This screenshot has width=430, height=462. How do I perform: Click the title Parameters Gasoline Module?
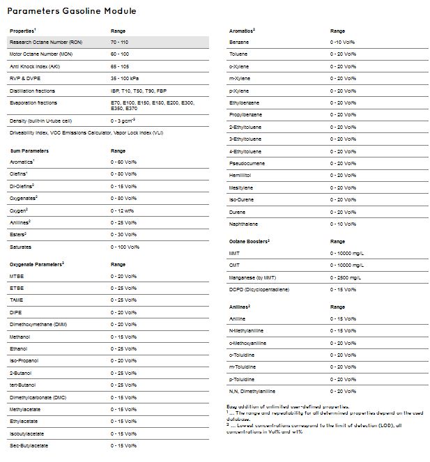tap(72, 11)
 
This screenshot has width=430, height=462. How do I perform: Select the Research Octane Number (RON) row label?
tap(39, 43)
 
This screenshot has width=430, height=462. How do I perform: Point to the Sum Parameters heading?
tap(29, 150)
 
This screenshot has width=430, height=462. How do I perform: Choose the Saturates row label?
tap(22, 247)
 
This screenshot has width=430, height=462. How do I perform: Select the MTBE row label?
tap(17, 277)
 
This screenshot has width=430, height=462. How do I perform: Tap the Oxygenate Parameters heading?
tap(37, 265)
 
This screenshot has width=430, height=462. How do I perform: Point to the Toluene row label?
tap(239, 55)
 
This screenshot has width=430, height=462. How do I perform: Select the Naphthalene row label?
tap(245, 224)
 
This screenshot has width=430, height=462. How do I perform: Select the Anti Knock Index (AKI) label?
tap(34, 67)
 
